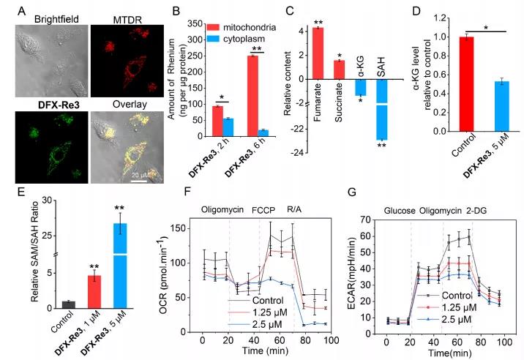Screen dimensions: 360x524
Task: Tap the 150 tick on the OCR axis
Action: (184, 229)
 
